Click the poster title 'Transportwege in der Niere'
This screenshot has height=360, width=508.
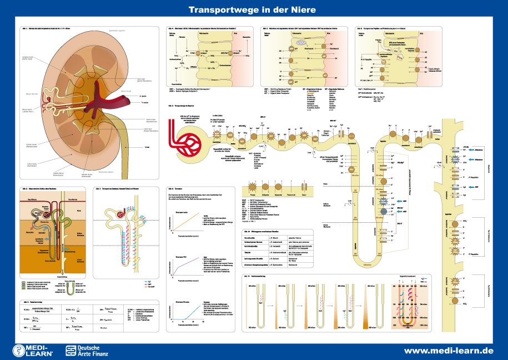coord(252,10)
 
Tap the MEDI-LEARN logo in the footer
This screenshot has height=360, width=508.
coord(33,350)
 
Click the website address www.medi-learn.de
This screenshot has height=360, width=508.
coord(448,351)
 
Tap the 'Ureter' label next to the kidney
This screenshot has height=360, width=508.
coord(147,147)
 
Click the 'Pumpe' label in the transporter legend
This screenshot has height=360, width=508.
coord(253,196)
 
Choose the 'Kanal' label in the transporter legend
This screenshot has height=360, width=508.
coord(303,196)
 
